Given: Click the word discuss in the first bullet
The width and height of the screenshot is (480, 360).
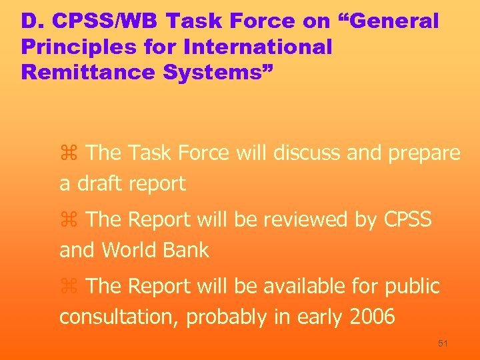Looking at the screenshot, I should [304, 153].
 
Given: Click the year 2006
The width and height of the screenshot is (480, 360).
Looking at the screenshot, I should [371, 317].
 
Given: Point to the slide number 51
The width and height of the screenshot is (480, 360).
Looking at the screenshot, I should [443, 343].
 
